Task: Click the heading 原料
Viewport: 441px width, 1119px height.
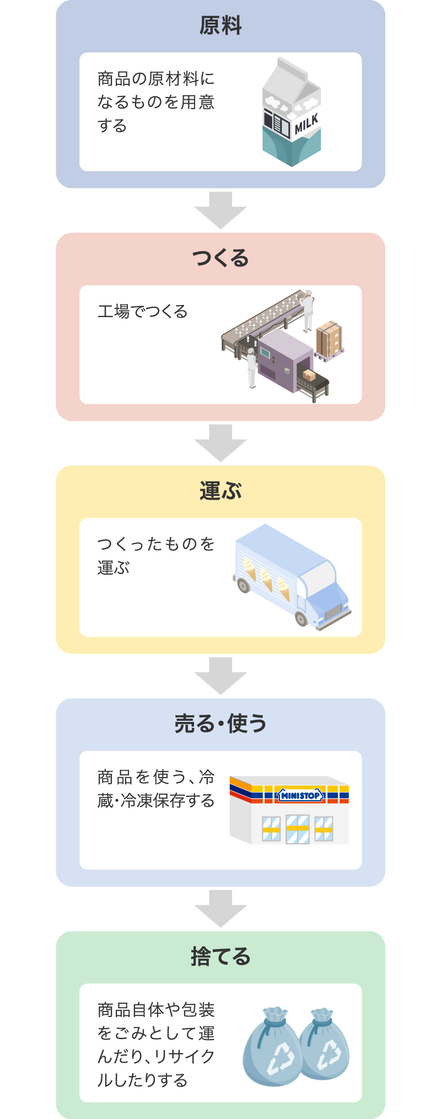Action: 220,26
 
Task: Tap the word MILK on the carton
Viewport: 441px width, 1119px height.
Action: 306,125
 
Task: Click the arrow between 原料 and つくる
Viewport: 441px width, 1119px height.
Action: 220,210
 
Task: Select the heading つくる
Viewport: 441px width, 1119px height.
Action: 220,258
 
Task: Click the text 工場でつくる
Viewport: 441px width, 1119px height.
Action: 143,312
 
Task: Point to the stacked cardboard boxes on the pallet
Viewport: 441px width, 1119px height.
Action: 330,339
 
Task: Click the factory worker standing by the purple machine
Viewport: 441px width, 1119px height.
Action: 251,367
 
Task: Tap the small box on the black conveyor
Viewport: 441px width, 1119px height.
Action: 309,375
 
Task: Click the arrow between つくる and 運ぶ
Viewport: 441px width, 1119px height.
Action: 220,443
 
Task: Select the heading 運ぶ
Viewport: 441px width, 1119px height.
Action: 220,491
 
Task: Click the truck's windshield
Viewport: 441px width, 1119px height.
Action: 319,576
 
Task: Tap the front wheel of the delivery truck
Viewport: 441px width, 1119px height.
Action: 302,618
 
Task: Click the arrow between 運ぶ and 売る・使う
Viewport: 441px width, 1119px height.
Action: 220,676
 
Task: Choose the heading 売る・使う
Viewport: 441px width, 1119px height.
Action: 220,724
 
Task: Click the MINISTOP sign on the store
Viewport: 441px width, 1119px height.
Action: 300,795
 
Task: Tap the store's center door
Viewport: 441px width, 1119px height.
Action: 298,829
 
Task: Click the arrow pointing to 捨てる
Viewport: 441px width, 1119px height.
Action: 220,908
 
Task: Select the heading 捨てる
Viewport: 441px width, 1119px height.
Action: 220,956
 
